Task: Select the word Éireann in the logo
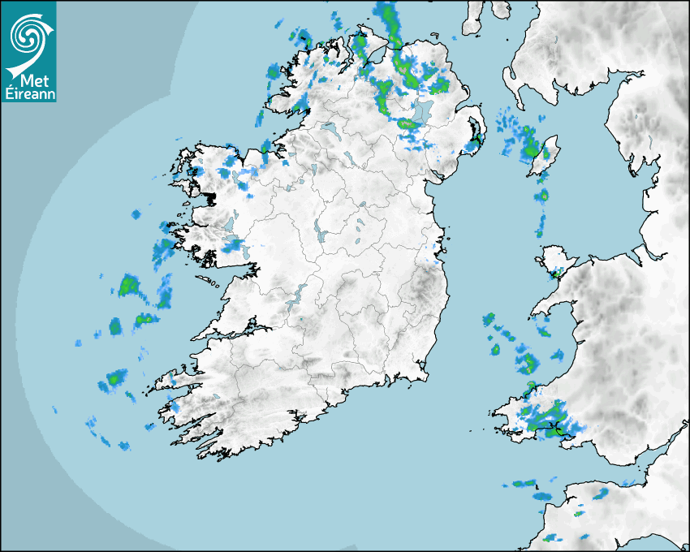click(28, 93)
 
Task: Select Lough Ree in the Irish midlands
click(319, 231)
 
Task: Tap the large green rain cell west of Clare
click(128, 285)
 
